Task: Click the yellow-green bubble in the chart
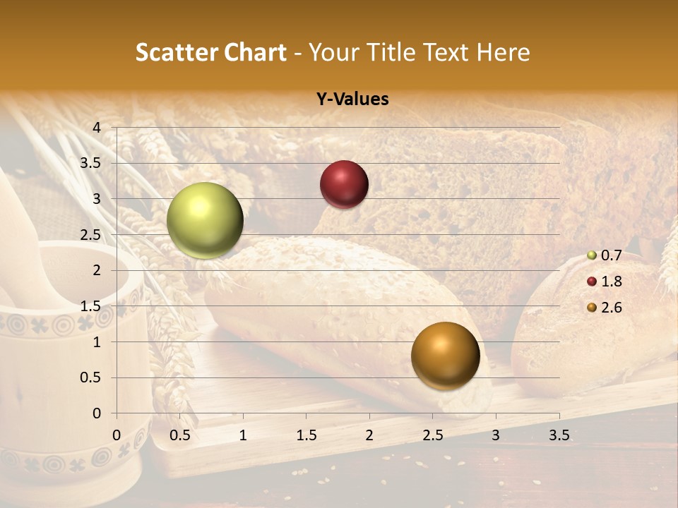205,220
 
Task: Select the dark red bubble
344,184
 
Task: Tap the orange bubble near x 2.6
445,356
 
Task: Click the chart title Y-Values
352,99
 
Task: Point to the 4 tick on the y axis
97,127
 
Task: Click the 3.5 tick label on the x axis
559,435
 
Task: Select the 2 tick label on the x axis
369,435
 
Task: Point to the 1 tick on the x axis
243,435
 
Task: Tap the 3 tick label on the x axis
496,435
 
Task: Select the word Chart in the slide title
255,52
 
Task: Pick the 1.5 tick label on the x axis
306,435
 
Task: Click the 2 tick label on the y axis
97,270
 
